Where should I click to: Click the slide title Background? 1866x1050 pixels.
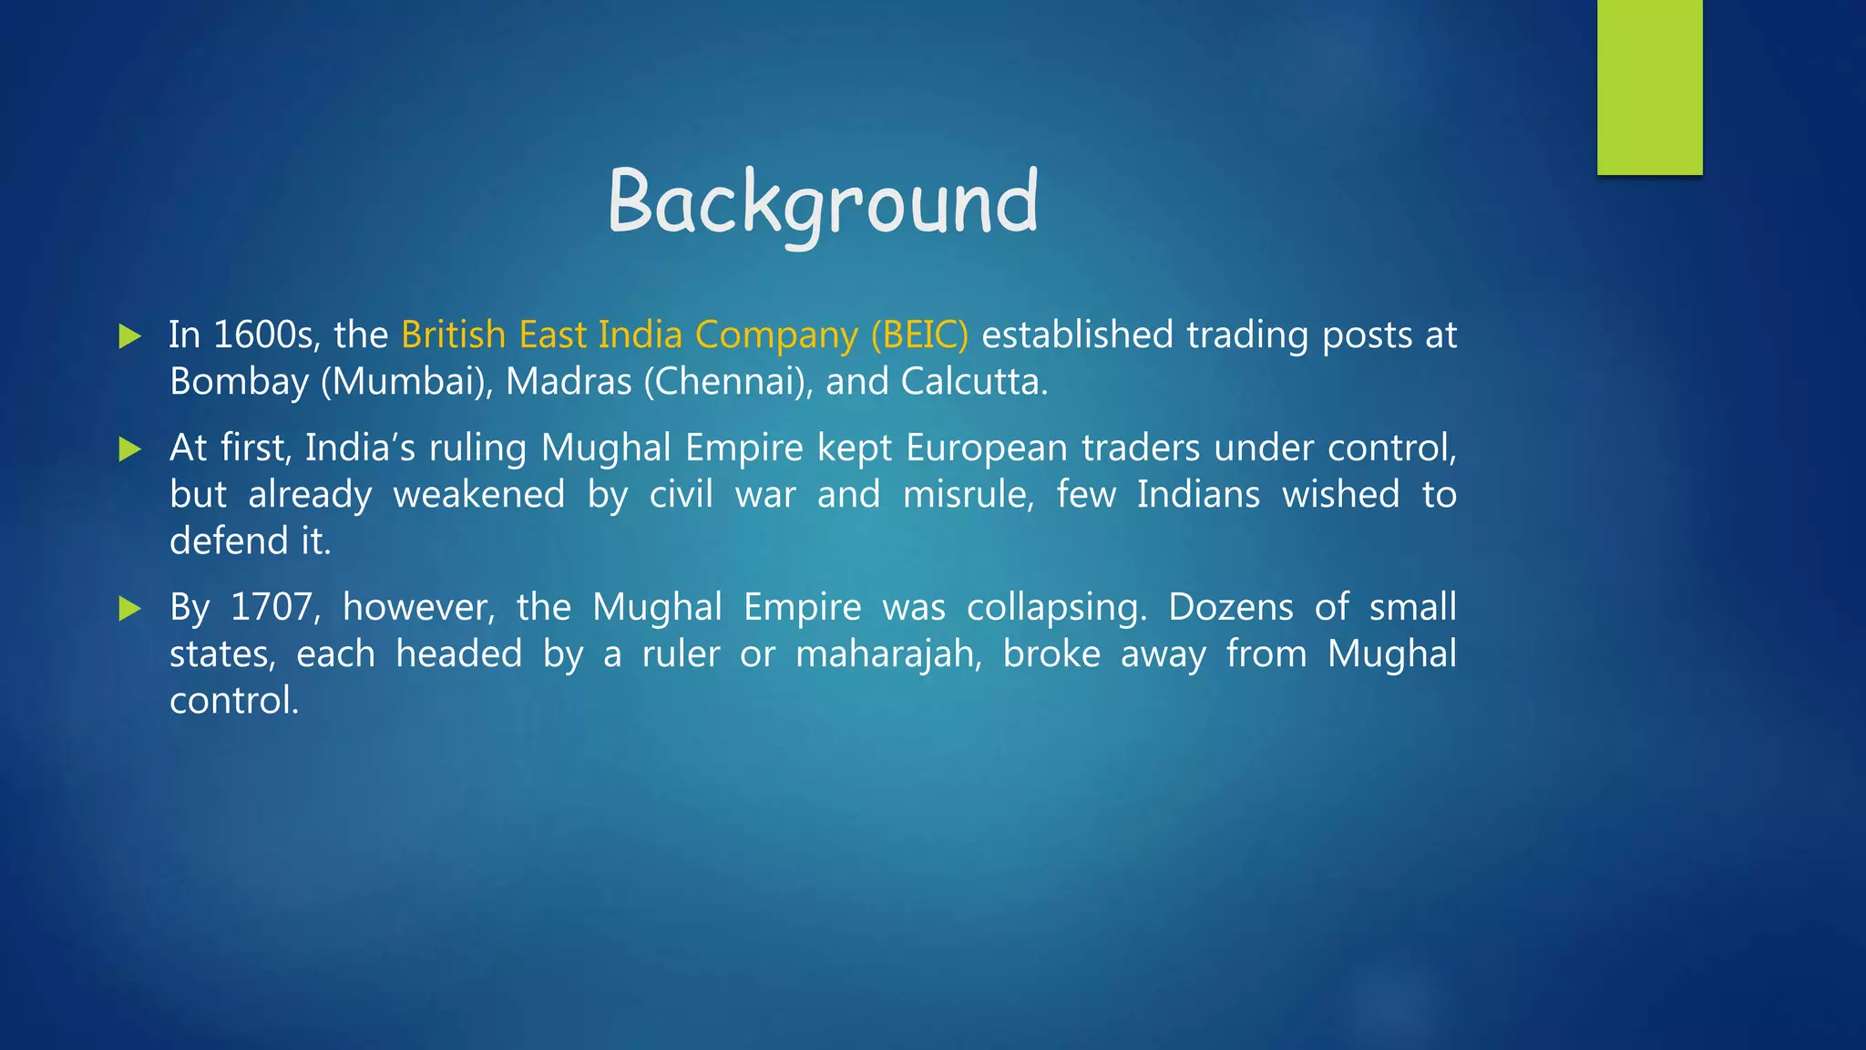(823, 202)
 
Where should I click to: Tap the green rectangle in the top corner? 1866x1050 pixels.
(1649, 87)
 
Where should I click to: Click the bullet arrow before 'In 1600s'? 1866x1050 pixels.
(130, 336)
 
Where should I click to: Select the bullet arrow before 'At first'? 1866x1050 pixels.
(130, 449)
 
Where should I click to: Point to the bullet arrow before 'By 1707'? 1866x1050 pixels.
(130, 608)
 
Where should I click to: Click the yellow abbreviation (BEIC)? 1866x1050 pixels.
(919, 335)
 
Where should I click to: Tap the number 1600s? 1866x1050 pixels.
(265, 335)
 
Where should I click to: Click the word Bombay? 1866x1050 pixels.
(239, 382)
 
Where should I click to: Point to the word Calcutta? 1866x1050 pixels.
(973, 382)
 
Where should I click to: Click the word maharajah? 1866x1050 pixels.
(888, 654)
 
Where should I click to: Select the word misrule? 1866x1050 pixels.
(968, 495)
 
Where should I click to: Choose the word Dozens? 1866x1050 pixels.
(1230, 607)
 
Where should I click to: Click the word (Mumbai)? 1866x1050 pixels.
(406, 382)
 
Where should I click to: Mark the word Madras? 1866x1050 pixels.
(569, 382)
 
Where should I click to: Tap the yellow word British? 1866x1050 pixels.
(453, 335)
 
